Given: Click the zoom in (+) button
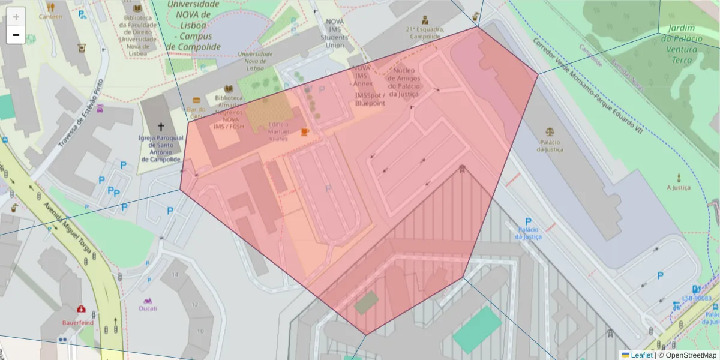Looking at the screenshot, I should pyautogui.click(x=16, y=17).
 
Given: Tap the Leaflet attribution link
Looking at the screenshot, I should pyautogui.click(x=641, y=355).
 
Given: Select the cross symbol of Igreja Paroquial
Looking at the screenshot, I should pyautogui.click(x=160, y=127).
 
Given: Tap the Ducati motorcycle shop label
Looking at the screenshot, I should pyautogui.click(x=148, y=308).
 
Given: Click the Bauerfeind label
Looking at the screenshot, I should pyautogui.click(x=78, y=322).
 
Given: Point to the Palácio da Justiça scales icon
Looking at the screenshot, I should pyautogui.click(x=550, y=131).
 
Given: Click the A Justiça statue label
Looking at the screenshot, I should pyautogui.click(x=679, y=187).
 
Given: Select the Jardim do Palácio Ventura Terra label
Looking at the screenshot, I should pyautogui.click(x=682, y=44).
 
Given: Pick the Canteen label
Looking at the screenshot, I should pyautogui.click(x=50, y=16).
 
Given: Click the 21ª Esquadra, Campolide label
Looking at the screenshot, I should pyautogui.click(x=425, y=32).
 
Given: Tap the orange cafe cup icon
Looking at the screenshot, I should pyautogui.click(x=305, y=131).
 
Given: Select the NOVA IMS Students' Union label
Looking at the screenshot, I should pyautogui.click(x=335, y=33).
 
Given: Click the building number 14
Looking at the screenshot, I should pyautogui.click(x=175, y=274).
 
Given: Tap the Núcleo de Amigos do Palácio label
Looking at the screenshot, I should pyautogui.click(x=404, y=82).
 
